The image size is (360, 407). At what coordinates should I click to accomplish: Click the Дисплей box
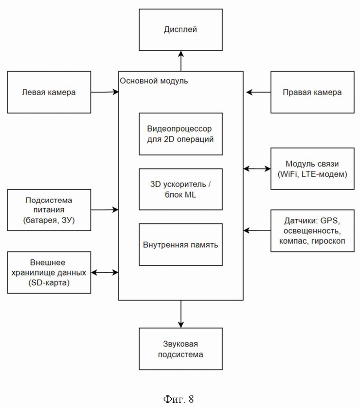coord(180,30)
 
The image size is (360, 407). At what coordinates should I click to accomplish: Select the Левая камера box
coord(49,92)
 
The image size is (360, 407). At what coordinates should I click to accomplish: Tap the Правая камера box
coord(312,92)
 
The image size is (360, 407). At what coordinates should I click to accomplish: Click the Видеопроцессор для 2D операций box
coord(180,134)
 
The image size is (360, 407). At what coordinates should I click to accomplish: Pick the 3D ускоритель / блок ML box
coord(180,189)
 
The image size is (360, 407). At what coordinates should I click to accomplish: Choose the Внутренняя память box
coord(180,245)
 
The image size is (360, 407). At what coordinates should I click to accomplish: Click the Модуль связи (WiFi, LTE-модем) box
coord(312,169)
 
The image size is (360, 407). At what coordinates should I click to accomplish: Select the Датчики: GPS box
coord(312,231)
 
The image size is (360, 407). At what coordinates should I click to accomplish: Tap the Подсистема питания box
coord(49,210)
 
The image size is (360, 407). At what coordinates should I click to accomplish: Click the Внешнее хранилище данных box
coord(49,272)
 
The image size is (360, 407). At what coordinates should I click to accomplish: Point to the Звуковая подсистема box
coord(180,349)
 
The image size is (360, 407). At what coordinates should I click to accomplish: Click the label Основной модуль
coord(154,81)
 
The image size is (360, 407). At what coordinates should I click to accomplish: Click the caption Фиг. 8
coord(179,399)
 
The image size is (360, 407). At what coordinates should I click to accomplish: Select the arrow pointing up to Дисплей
coord(181,61)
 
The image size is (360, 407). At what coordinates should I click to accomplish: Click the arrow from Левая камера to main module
coord(105,92)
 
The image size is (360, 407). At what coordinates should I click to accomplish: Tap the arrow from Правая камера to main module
coord(258,92)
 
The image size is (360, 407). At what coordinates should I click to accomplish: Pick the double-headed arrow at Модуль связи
coord(257,169)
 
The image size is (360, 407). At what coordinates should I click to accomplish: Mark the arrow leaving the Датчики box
coord(257,231)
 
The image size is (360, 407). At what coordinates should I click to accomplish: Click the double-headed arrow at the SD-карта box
coord(105,272)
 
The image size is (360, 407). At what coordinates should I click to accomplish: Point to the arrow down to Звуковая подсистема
coord(181,314)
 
